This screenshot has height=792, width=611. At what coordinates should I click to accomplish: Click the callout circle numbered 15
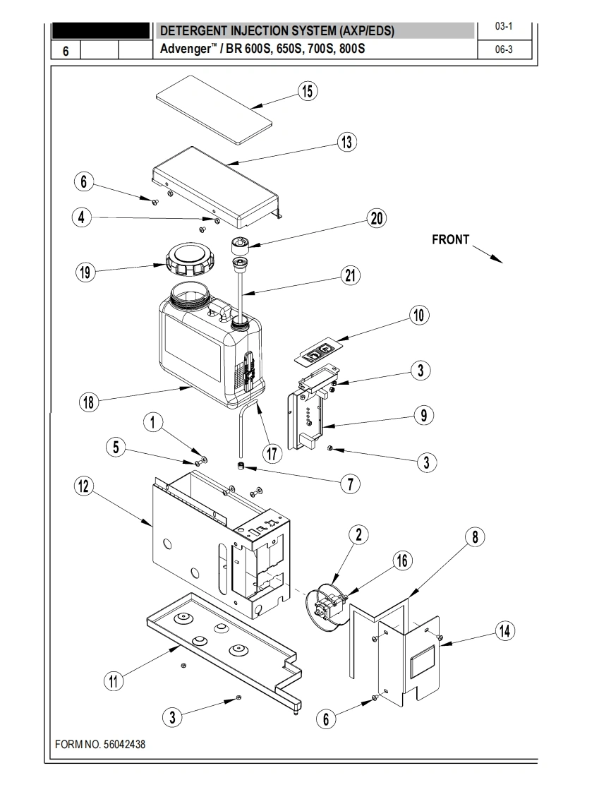308,92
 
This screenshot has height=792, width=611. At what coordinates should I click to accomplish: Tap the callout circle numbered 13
347,142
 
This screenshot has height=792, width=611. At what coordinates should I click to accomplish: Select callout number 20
377,219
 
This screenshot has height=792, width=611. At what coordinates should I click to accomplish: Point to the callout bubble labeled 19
85,272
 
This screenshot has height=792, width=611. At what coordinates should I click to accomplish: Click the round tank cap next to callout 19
189,259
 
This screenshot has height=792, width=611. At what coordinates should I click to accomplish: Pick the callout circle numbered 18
89,402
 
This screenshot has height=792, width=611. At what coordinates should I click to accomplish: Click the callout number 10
419,316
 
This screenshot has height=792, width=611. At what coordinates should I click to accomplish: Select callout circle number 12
84,486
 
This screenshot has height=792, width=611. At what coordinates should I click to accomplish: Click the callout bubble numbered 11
114,681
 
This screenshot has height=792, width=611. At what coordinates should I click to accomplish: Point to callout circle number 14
505,631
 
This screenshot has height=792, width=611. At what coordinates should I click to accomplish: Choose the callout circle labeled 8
475,537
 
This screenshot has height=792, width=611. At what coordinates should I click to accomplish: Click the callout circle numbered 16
402,560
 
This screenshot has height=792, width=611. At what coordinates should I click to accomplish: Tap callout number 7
351,484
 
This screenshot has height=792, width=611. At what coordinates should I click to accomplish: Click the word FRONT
450,239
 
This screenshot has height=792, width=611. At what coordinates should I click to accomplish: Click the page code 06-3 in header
504,49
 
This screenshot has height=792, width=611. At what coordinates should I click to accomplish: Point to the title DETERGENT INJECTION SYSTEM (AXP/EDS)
277,31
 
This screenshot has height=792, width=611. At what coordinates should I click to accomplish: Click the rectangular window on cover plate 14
422,661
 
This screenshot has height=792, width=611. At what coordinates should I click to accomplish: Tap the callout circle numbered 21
351,275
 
